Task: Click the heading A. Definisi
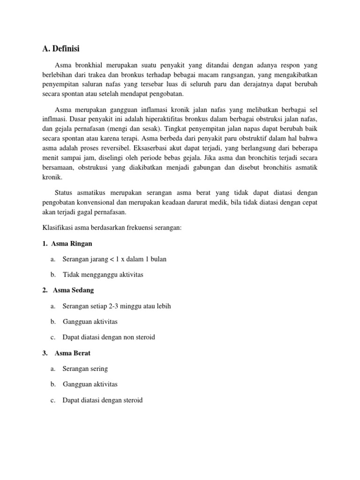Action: pyautogui.click(x=61, y=48)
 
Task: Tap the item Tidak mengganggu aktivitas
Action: pyautogui.click(x=103, y=275)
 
